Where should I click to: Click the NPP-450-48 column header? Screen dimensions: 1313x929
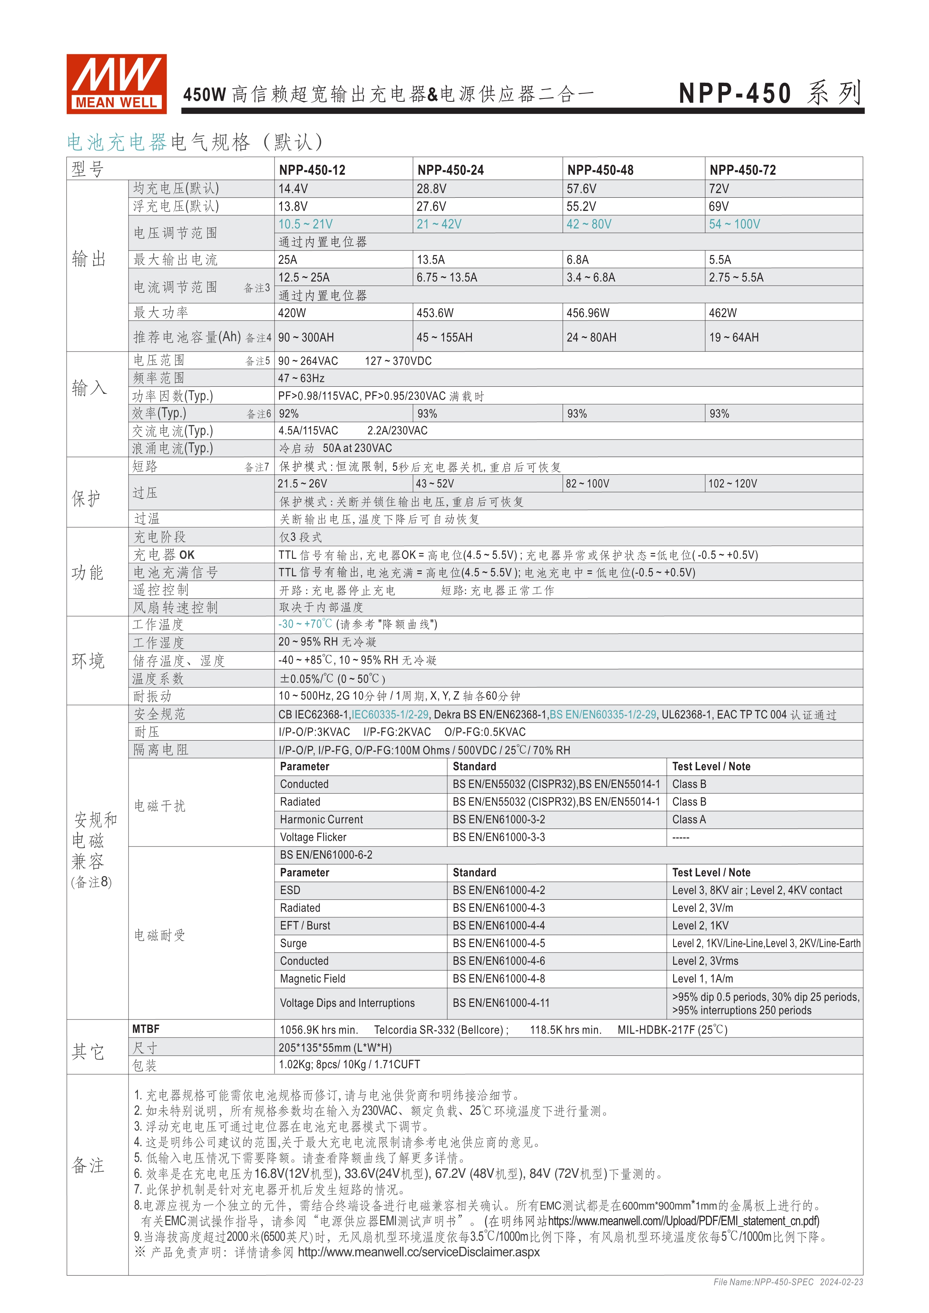pos(600,170)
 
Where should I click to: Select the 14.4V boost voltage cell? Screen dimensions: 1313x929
pos(293,189)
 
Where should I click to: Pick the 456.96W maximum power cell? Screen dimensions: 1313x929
pos(588,313)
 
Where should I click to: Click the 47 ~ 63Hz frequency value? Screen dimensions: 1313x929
pos(302,378)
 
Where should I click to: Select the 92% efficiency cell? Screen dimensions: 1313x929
pos(289,413)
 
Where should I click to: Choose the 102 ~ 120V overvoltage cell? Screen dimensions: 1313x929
pos(733,484)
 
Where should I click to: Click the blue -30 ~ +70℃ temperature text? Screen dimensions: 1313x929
pos(305,624)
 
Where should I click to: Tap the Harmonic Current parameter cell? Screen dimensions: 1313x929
pos(321,820)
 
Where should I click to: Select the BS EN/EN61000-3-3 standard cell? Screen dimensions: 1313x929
pos(499,837)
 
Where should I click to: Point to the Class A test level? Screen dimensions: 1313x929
pos(689,820)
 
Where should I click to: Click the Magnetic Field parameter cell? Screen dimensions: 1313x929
pos(313,978)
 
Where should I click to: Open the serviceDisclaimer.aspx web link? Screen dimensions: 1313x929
pos(419,1252)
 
